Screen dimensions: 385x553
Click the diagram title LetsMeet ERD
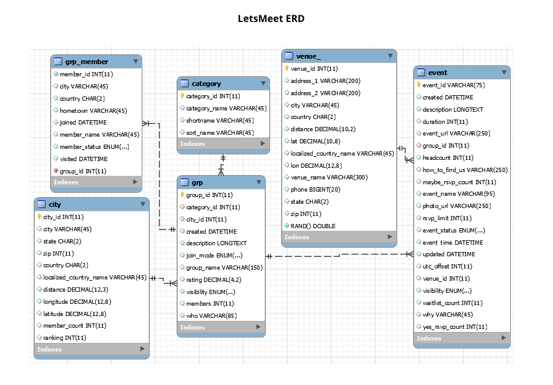[271, 18]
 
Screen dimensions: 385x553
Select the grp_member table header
[86, 62]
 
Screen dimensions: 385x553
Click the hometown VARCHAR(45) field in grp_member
[93, 110]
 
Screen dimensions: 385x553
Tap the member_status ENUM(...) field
[94, 146]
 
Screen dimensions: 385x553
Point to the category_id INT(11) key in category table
[213, 96]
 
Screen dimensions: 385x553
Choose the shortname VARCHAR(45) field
[219, 120]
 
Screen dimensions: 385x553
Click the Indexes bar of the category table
[223, 144]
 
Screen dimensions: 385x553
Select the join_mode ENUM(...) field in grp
[214, 256]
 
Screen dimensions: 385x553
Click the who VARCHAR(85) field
[211, 315]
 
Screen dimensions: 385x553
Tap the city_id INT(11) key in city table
[63, 217]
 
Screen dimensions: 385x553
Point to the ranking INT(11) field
[64, 337]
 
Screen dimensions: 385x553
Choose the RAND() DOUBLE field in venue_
[313, 226]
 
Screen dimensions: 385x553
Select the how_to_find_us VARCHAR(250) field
[465, 170]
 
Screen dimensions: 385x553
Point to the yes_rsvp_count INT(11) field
[455, 327]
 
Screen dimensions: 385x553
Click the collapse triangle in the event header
[504, 73]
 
